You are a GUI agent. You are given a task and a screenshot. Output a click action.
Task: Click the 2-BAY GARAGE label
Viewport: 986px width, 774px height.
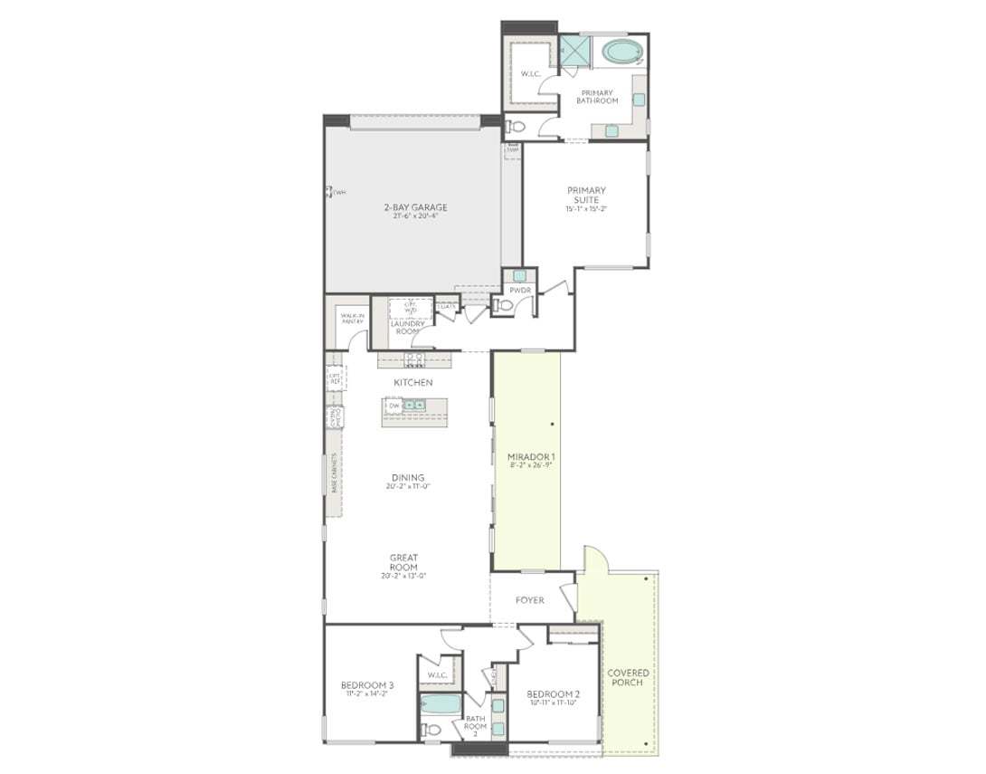(x=414, y=207)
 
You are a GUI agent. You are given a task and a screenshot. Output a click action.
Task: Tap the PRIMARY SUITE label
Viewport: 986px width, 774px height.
(x=586, y=195)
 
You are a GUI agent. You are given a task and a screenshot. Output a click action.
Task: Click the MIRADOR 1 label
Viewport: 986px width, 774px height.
(x=526, y=456)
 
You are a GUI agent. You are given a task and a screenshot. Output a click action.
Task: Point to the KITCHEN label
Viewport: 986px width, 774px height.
(x=412, y=383)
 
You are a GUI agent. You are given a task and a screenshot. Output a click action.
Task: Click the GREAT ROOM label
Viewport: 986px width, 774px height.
(x=403, y=562)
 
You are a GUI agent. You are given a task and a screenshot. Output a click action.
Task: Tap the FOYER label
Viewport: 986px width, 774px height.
(x=529, y=600)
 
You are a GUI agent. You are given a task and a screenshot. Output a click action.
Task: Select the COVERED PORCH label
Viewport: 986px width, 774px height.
(x=628, y=677)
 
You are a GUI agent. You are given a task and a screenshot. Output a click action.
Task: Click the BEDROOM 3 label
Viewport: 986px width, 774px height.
(x=367, y=684)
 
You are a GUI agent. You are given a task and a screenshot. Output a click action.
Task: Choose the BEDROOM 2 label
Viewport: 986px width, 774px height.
(x=554, y=694)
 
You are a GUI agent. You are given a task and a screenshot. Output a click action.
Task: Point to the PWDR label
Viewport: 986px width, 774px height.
(x=519, y=290)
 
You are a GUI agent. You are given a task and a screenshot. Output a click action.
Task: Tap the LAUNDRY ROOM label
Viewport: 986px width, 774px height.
(x=408, y=327)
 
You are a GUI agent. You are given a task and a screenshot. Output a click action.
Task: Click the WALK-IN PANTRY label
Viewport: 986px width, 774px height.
(x=352, y=318)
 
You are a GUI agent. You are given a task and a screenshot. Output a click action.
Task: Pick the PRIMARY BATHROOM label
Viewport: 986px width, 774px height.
(x=597, y=96)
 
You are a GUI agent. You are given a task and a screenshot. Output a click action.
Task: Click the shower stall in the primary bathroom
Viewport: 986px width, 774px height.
(x=574, y=51)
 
